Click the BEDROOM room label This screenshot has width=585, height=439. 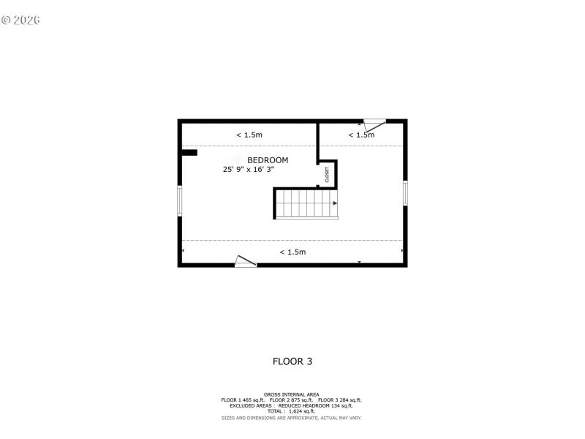point(268,160)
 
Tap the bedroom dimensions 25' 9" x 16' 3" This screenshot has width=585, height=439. point(249,170)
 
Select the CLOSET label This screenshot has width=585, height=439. point(328,175)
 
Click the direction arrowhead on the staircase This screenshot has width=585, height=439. point(335,203)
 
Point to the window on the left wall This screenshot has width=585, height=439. point(180,200)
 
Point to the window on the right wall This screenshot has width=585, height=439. point(405,192)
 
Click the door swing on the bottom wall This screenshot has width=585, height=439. point(246,261)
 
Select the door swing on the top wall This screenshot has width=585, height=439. point(374,124)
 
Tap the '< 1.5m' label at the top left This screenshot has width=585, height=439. point(249,135)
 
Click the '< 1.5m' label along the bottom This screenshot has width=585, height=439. point(292,252)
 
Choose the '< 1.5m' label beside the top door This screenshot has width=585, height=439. point(361,135)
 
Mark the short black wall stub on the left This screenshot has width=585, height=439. point(189,153)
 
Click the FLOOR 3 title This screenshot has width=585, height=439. point(292,361)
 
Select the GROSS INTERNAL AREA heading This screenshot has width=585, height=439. point(292,394)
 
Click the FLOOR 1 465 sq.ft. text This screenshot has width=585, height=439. point(244,400)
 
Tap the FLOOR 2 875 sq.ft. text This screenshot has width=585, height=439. point(292,400)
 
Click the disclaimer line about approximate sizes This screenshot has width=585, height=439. point(292,418)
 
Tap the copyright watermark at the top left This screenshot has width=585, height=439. point(20,20)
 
